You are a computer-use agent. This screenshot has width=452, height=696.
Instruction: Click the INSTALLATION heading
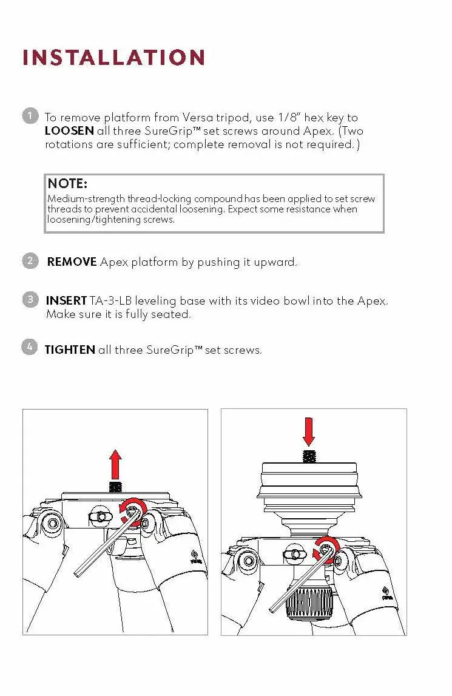coord(113,58)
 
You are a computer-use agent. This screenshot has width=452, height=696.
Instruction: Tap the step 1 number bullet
coord(30,116)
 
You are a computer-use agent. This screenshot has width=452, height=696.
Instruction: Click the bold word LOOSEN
coord(69,131)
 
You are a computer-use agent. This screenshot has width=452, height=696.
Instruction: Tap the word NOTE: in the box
coord(67,183)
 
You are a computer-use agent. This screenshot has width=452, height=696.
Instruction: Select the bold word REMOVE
coord(72,262)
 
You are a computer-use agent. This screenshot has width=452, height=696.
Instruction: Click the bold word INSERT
coord(66,301)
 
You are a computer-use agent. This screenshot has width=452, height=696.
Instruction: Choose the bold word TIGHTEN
coord(70,350)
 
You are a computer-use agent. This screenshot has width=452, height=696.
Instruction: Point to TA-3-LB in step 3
coord(111,301)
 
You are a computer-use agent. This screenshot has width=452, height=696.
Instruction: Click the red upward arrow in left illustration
coord(115,464)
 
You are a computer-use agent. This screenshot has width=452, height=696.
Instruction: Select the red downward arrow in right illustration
coord(309,432)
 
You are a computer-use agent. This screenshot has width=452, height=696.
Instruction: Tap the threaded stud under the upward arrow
coord(115,486)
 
